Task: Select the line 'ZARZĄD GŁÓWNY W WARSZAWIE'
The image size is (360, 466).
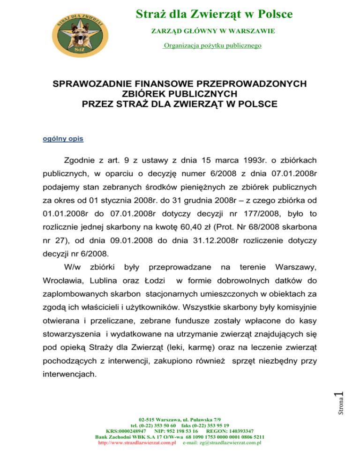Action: (x=212, y=31)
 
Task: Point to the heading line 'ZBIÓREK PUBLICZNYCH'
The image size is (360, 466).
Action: (x=180, y=93)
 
